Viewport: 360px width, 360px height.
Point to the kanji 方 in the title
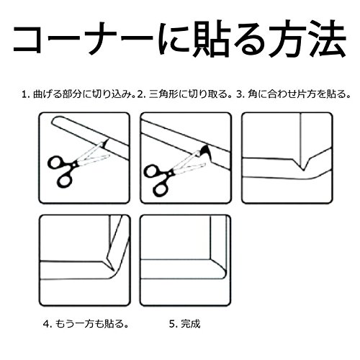[x=286, y=39]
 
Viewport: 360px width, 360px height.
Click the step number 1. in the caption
[x=25, y=94]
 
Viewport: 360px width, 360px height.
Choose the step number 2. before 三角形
[x=141, y=94]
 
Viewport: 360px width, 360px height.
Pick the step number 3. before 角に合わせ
[x=240, y=94]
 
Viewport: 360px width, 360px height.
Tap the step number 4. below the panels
[x=47, y=324]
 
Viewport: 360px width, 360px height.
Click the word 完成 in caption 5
[x=190, y=324]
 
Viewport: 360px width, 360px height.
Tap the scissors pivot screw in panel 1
[x=75, y=164]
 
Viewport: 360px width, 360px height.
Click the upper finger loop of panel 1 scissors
[x=57, y=163]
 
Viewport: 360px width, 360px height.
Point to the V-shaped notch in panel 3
[x=304, y=163]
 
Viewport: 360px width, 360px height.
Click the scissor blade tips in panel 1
[x=107, y=140]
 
